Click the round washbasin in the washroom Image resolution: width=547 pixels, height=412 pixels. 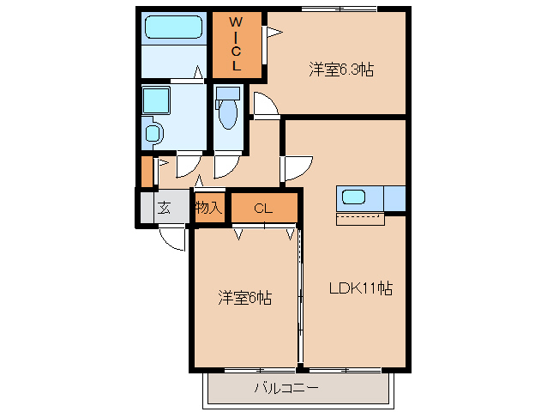153,133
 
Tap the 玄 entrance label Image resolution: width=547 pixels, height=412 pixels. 163,208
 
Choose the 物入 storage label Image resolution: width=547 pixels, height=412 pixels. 208,208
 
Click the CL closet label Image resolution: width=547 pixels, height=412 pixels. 263,208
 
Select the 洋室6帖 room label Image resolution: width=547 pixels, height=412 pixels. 244,299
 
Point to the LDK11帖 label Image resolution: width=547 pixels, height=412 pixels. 361,289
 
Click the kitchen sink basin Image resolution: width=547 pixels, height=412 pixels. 354,197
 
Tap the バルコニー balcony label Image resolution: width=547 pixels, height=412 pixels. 286,389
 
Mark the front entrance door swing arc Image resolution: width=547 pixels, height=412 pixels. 174,239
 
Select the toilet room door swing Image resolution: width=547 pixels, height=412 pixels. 227,164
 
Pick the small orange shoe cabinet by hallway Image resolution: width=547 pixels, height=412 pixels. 147,171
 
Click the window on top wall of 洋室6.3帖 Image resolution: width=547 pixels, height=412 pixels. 339,9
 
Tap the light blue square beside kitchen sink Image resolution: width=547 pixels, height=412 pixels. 394,197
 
